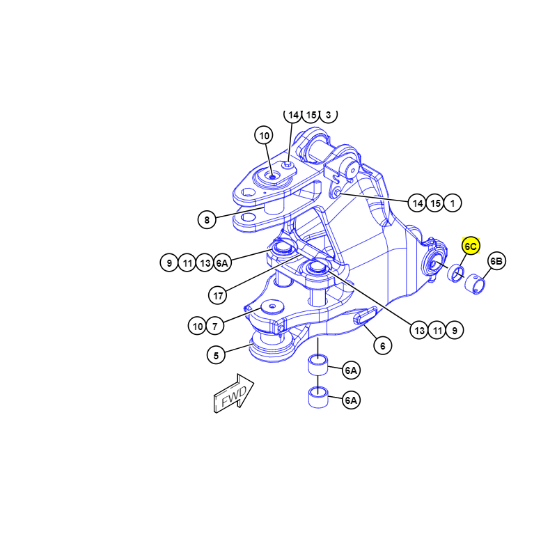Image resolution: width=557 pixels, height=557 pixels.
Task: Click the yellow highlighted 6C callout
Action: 471,246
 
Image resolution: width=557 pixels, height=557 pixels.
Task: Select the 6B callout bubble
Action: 496,261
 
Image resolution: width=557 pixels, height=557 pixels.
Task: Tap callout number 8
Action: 207,220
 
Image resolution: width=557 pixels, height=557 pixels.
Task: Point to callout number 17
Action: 218,295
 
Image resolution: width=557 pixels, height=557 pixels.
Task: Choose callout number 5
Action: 216,355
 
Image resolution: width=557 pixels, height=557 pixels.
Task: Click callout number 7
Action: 215,326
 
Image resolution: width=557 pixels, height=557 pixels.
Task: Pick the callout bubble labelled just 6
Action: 382,345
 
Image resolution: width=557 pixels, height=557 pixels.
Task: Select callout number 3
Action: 328,115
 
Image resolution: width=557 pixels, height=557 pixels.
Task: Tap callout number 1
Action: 452,203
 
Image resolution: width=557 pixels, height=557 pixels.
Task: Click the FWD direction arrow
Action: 234,393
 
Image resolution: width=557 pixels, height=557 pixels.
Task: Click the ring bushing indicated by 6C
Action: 456,273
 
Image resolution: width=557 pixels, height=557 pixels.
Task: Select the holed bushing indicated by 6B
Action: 475,284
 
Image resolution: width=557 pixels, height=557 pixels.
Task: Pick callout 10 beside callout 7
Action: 198,326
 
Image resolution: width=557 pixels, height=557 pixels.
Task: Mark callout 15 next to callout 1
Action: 434,203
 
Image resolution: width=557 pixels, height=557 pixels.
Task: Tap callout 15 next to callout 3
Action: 311,115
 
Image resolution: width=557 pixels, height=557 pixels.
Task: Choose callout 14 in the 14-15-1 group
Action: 417,203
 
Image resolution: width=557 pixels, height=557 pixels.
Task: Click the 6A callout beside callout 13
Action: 222,263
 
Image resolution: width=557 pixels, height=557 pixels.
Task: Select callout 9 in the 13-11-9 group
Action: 455,330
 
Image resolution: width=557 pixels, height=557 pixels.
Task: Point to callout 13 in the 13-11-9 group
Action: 419,330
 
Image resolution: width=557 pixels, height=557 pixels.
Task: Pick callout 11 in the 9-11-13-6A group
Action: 187,263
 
